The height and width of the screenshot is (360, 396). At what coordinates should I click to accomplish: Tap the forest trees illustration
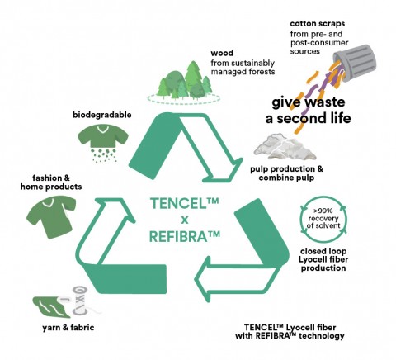pyautogui.click(x=184, y=82)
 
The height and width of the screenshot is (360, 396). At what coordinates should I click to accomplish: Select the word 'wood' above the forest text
pyautogui.click(x=222, y=53)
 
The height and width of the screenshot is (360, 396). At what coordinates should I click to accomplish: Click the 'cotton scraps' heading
pyautogui.click(x=318, y=24)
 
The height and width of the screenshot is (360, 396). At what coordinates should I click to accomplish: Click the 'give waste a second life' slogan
pyautogui.click(x=308, y=110)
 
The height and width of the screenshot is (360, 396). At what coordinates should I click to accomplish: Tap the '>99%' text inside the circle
pyautogui.click(x=323, y=211)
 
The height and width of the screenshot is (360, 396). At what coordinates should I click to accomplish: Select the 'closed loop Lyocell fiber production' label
pyautogui.click(x=323, y=259)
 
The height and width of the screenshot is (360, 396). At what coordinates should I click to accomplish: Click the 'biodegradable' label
pyautogui.click(x=102, y=115)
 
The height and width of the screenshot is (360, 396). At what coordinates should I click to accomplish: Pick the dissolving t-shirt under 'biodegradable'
pyautogui.click(x=103, y=143)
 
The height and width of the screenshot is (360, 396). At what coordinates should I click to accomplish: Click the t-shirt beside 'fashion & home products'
pyautogui.click(x=51, y=216)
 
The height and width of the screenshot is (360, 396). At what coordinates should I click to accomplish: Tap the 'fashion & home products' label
pyautogui.click(x=51, y=182)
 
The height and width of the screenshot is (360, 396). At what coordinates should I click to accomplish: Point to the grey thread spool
pyautogui.click(x=80, y=301)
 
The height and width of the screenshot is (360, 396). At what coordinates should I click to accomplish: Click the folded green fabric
pyautogui.click(x=51, y=307)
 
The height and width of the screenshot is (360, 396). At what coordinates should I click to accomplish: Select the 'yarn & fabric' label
pyautogui.click(x=68, y=328)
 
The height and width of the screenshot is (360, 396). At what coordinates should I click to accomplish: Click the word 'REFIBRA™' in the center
pyautogui.click(x=185, y=236)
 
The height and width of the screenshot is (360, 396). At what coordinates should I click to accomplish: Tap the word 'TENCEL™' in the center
pyautogui.click(x=185, y=203)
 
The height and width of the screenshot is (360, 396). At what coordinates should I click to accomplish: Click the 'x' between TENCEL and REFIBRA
pyautogui.click(x=185, y=220)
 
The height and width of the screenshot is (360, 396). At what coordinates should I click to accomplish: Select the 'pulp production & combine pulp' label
pyautogui.click(x=286, y=173)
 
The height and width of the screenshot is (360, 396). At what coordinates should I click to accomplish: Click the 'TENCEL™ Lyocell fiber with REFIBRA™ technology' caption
pyautogui.click(x=290, y=332)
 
